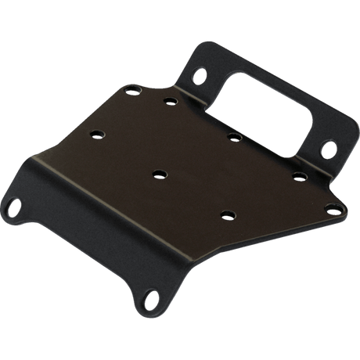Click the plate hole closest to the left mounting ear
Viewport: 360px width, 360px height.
point(95,134)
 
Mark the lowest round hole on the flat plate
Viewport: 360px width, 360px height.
point(227,214)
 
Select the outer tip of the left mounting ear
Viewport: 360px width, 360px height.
point(5,211)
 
